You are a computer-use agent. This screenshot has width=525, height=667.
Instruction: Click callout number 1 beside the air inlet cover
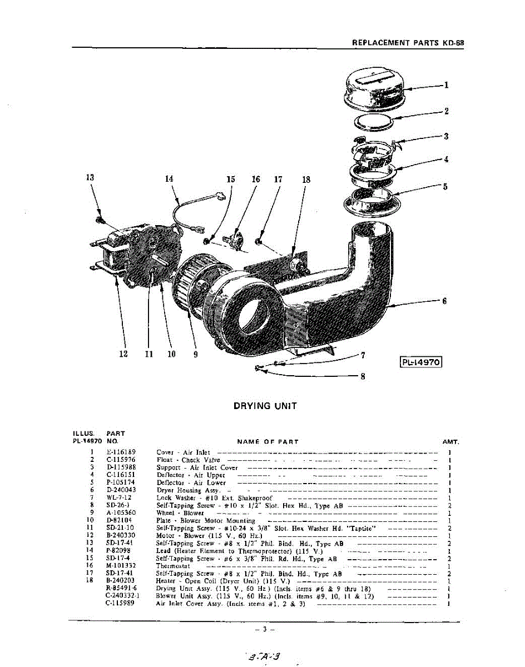pos(446,85)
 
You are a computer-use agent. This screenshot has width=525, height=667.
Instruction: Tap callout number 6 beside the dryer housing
pos(444,301)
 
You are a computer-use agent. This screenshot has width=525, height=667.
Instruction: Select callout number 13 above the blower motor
pos(90,178)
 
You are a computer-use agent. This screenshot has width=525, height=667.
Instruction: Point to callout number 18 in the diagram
pos(306,180)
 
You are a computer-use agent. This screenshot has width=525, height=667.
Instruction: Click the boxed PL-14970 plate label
pos(420,362)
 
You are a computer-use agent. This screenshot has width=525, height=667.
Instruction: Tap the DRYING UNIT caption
pos(265,406)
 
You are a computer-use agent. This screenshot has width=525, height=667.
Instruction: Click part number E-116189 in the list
pos(121,452)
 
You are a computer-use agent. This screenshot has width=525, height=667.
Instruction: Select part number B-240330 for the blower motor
pos(121,535)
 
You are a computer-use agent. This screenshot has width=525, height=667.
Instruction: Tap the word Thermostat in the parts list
pos(173,566)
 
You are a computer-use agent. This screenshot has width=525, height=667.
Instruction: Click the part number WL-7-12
pos(119,497)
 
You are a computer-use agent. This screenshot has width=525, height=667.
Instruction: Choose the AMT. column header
pos(450,442)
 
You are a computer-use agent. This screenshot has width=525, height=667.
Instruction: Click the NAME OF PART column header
pos(268,442)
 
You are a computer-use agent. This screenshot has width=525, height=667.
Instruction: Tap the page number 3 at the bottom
pos(265,629)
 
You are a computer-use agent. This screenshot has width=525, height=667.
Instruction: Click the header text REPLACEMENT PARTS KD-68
pos(408,42)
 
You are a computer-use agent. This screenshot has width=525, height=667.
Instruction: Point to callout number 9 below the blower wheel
pos(195,354)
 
